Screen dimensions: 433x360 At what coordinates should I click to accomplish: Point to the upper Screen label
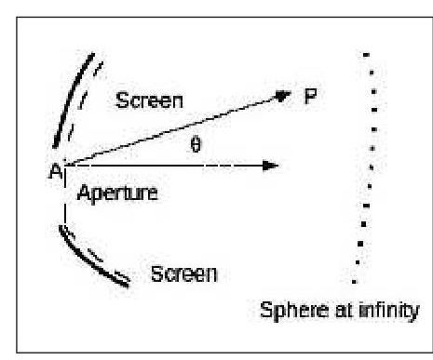point(149,100)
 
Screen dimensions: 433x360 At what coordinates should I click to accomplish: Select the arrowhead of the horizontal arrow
point(270,166)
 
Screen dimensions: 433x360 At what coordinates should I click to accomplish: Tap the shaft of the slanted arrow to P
point(168,131)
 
